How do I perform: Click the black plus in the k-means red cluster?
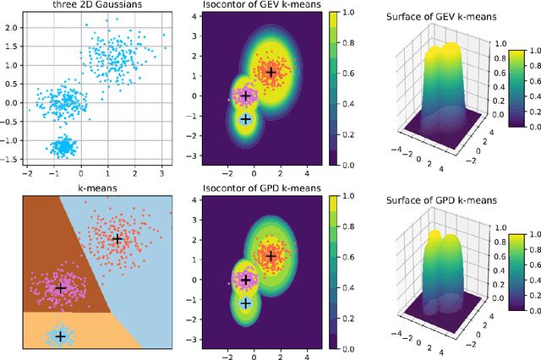[117, 239]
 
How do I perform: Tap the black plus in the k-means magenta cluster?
[60, 288]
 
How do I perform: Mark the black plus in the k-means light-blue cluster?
[60, 335]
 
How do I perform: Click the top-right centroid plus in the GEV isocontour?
[271, 72]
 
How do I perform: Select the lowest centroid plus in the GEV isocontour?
[246, 119]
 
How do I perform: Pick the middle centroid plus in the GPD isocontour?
[246, 280]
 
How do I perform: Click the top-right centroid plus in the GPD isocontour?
[271, 255]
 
